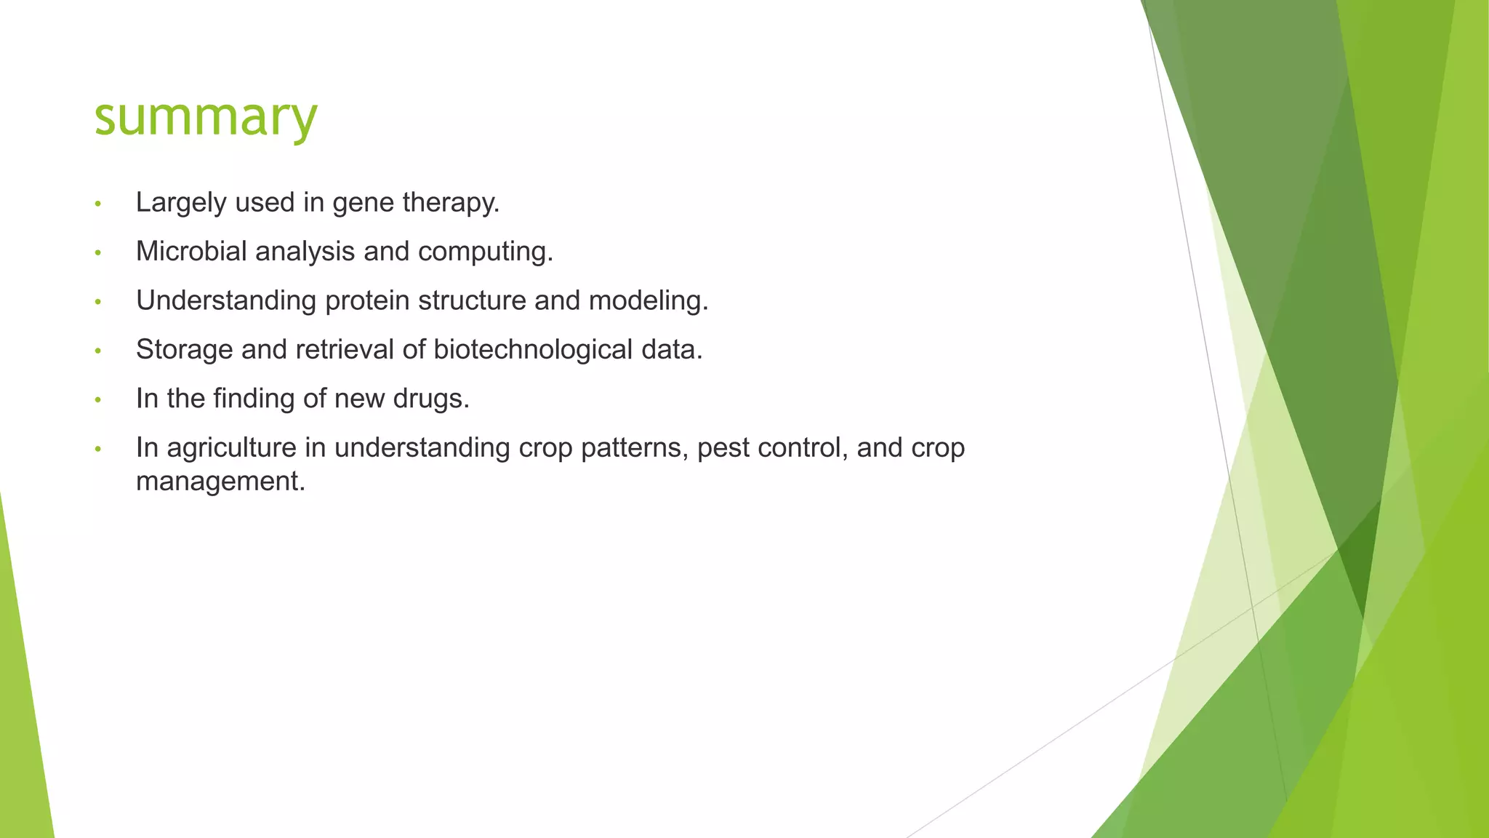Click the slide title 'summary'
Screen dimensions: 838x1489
tap(206, 118)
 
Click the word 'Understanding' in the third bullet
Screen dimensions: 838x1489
tap(226, 301)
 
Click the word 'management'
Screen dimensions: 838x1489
tap(220, 482)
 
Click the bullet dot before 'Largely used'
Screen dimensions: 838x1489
tap(98, 204)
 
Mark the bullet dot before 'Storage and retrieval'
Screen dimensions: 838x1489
tap(98, 351)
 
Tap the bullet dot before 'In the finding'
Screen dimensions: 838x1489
tap(98, 400)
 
